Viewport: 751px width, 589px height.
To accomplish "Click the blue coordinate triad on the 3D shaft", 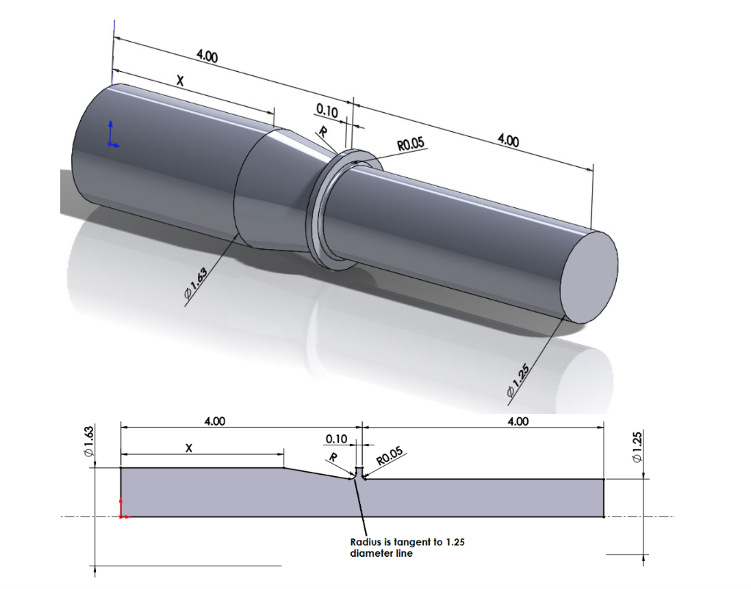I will click(x=111, y=136).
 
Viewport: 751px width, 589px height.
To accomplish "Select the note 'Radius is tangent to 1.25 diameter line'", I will click(x=407, y=547).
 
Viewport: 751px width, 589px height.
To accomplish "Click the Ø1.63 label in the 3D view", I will click(x=197, y=284).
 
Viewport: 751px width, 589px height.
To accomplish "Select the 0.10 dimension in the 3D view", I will click(x=326, y=111).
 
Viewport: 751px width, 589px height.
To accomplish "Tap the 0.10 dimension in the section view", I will click(x=335, y=439).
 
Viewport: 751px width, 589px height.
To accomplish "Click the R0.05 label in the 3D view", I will click(x=411, y=144).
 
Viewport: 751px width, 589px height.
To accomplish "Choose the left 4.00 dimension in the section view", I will click(x=214, y=421).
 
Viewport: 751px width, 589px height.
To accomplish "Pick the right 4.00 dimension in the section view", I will click(x=518, y=421).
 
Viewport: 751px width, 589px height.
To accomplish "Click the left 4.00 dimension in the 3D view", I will click(x=207, y=56).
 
